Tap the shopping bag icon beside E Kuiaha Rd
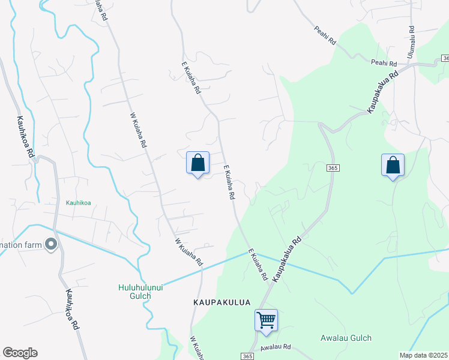(197, 163)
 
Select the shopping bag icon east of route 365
(393, 165)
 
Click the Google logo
(20, 353)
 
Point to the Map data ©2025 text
(424, 355)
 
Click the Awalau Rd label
(276, 347)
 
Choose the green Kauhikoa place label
(78, 202)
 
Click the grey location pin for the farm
(51, 244)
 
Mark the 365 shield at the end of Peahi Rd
(445, 58)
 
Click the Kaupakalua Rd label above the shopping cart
(287, 259)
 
